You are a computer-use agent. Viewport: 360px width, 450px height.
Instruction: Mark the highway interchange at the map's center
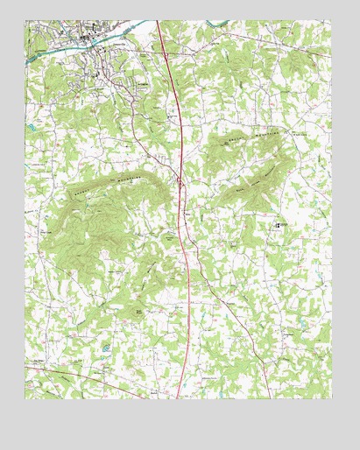pyautogui.click(x=180, y=183)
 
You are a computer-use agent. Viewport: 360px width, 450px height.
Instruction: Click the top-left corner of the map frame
pyautogui.click(x=25, y=22)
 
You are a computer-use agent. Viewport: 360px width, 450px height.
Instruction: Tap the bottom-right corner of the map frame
pyautogui.click(x=333, y=399)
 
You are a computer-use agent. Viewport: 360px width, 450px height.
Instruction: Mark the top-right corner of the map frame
pyautogui.click(x=333, y=22)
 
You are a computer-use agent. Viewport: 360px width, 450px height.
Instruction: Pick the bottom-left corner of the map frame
pyautogui.click(x=25, y=399)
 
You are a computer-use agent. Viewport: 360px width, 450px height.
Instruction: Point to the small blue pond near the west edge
pyautogui.click(x=32, y=128)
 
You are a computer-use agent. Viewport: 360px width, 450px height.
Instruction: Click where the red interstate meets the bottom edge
pyautogui.click(x=180, y=398)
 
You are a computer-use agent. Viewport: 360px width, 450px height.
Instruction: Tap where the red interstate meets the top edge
pyautogui.click(x=159, y=23)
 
